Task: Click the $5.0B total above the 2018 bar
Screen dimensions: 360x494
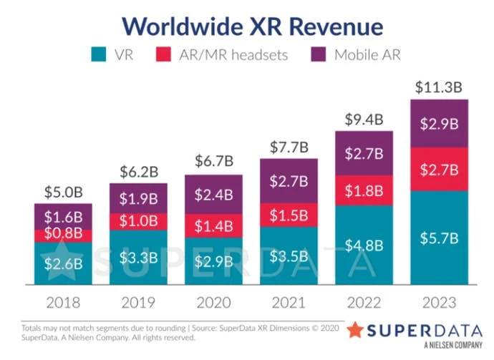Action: [x=63, y=193]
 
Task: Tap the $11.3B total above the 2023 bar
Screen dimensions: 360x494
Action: [x=439, y=88]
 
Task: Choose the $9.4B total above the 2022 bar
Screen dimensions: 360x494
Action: [x=364, y=120]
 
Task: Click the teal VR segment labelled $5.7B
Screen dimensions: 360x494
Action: [x=439, y=238]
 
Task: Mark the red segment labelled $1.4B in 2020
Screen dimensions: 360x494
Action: [x=213, y=225]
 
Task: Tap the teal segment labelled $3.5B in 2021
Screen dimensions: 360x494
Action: [x=289, y=256]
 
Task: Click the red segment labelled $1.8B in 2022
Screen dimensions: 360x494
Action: [x=364, y=192]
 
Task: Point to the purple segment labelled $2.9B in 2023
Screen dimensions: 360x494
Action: [x=439, y=123]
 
